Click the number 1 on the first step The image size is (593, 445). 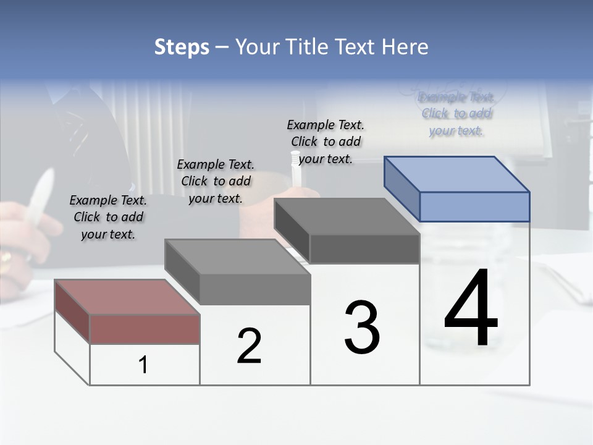143,365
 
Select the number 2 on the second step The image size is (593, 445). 249,345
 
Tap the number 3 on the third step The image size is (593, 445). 362,328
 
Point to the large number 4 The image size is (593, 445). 471,309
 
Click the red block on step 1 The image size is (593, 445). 145,328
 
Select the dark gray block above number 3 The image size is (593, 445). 364,248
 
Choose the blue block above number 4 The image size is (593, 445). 474,206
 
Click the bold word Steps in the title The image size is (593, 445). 182,47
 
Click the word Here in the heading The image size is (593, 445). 406,47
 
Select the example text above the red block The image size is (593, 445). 108,217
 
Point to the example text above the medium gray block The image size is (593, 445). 216,181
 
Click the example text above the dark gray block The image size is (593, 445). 326,142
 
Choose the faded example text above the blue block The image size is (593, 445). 456,114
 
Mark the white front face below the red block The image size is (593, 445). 145,365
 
